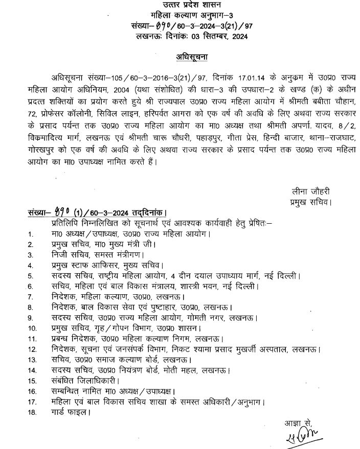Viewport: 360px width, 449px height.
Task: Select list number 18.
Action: [32, 412]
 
